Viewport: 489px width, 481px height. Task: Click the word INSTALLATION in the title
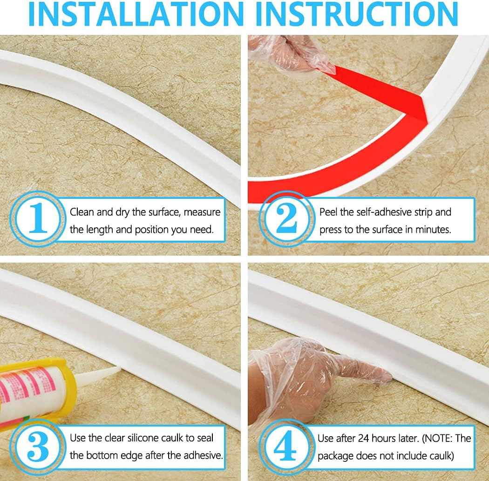coord(136,14)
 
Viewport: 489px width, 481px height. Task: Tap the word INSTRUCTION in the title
coord(357,14)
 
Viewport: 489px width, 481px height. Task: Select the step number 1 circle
coord(38,218)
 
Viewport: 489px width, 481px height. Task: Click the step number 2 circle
coord(286,218)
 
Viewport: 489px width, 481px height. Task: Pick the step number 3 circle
coord(38,447)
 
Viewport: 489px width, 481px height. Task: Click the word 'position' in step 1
coord(152,230)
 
